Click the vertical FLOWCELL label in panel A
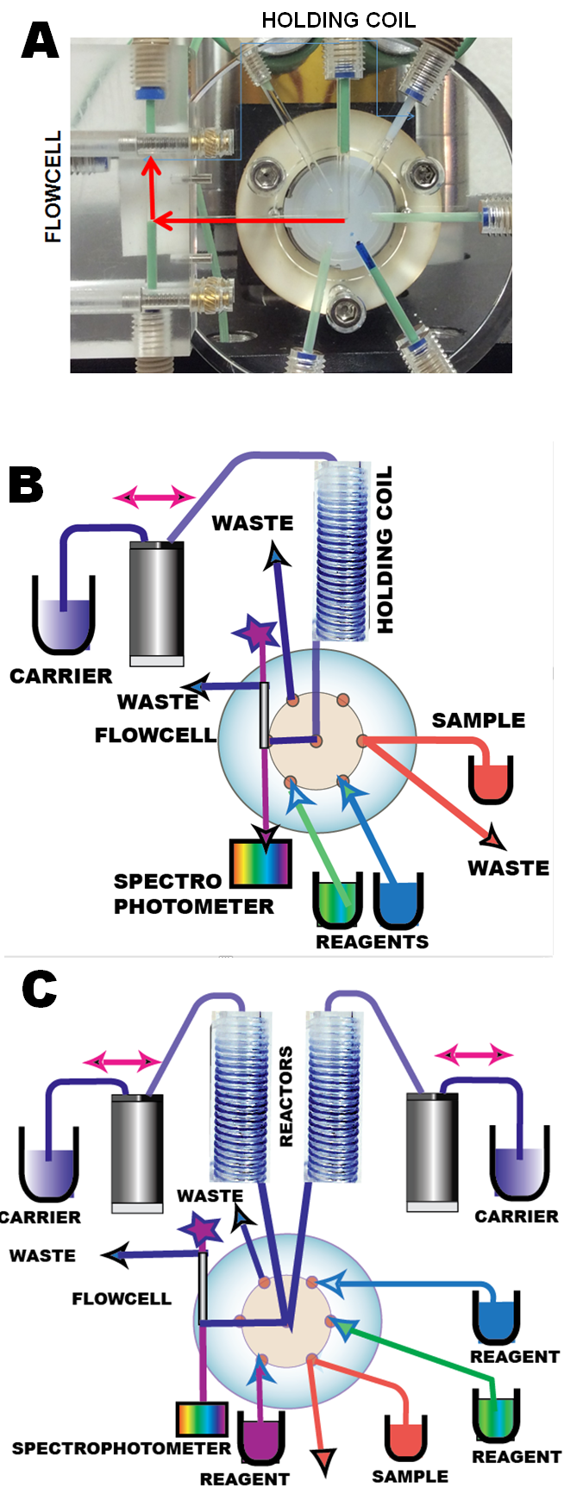click(53, 186)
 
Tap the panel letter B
click(26, 485)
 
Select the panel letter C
click(39, 990)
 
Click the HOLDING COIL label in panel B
click(385, 549)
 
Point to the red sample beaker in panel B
click(491, 778)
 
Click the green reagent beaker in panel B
click(336, 901)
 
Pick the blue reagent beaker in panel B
click(398, 901)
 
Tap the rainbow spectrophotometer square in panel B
click(260, 863)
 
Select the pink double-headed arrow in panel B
click(154, 497)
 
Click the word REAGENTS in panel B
click(372, 942)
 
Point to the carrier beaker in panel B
click(63, 617)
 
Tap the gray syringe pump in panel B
click(156, 603)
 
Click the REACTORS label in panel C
click(286, 1097)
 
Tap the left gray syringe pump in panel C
click(137, 1153)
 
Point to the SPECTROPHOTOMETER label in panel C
click(121, 1448)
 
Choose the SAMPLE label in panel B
click(478, 721)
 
